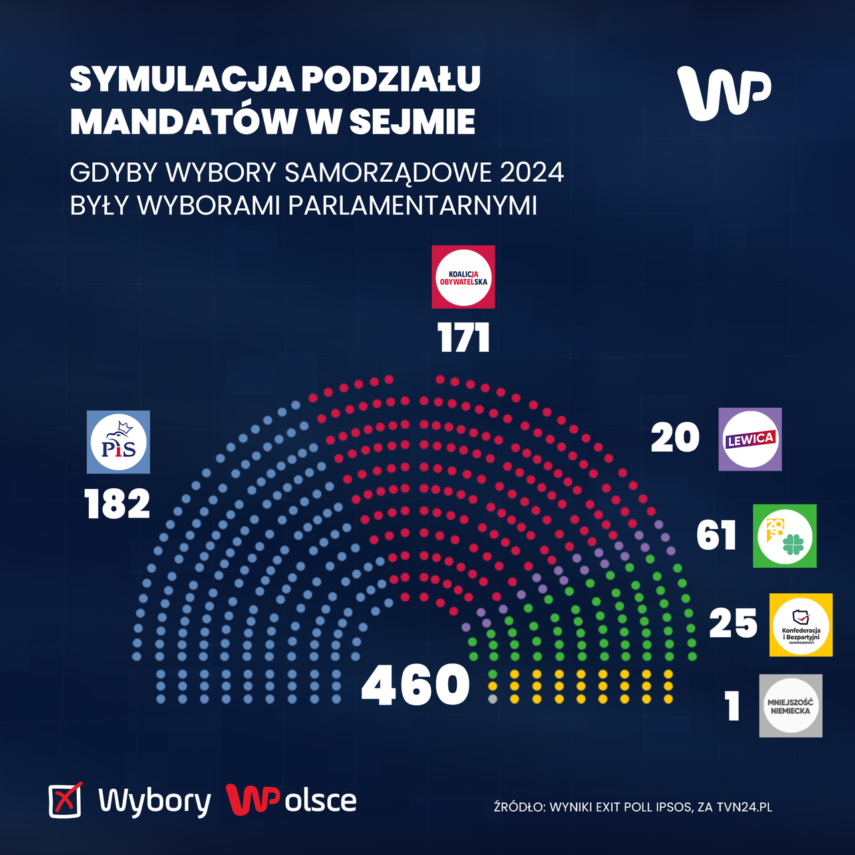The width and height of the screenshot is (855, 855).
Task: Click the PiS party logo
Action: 118,442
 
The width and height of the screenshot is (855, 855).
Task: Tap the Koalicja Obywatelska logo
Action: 463,277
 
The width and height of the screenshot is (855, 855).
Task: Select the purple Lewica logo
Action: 749,439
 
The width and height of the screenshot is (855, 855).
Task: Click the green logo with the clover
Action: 784,536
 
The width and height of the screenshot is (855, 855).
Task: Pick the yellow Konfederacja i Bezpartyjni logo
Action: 801,625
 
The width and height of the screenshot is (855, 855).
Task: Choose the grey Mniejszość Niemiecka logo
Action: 790,705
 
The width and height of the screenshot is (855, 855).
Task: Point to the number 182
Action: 117,504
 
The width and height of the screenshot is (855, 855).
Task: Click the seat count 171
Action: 464,338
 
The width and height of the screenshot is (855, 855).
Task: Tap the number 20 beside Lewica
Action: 675,438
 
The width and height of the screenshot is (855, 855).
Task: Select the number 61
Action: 716,536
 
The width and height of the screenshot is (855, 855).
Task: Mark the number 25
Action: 733,624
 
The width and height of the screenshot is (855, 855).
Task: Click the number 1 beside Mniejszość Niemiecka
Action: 733,706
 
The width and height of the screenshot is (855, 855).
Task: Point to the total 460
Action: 415,685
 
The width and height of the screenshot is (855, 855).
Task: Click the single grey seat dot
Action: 493,699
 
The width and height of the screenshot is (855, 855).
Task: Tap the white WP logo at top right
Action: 723,94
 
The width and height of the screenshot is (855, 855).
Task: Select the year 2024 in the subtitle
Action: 532,172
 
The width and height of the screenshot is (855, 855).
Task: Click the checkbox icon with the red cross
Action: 65,800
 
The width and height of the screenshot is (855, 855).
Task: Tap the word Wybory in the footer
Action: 154,800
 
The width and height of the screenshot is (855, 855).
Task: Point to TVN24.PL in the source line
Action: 744,807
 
